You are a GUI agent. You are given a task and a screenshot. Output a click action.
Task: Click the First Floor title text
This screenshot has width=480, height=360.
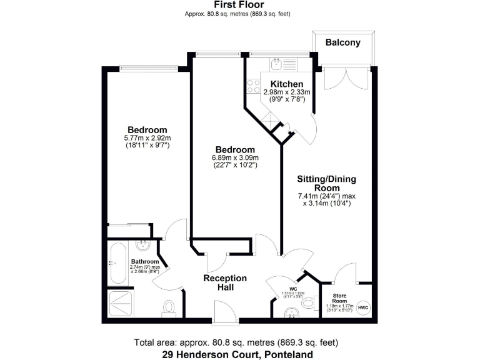pyautogui.click(x=239, y=4)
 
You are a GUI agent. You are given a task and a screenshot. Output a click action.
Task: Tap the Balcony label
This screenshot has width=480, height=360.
pyautogui.click(x=343, y=43)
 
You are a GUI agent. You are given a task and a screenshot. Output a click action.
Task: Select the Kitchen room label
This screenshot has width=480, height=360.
pyautogui.click(x=287, y=84)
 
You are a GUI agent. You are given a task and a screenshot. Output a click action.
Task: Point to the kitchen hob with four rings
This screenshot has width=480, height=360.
pyautogui.click(x=254, y=86)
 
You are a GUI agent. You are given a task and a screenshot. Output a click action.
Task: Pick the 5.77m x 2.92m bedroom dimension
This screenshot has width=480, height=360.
pyautogui.click(x=147, y=137)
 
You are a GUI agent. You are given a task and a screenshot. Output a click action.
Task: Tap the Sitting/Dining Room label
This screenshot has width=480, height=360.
pyautogui.click(x=326, y=183)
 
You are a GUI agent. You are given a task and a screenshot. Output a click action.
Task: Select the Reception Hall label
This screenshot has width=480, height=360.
pyautogui.click(x=225, y=282)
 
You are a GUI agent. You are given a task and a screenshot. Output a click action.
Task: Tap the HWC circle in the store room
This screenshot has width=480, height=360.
pyautogui.click(x=364, y=307)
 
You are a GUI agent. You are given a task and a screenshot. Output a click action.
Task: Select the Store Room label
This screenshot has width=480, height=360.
pyautogui.click(x=339, y=296)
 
